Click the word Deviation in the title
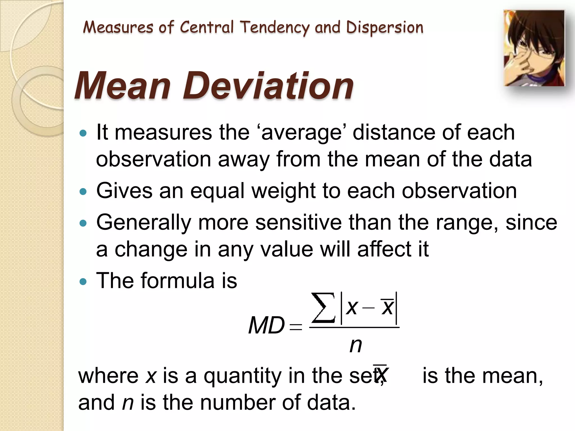[x=269, y=86]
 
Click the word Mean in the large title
[x=123, y=86]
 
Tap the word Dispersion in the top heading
[x=384, y=28]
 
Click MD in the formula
[x=266, y=325]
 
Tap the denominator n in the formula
[x=355, y=345]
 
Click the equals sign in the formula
[x=296, y=327]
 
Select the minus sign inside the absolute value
[x=369, y=308]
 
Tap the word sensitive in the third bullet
[x=298, y=223]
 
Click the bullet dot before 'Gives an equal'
[x=83, y=192]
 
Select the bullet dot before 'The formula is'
[x=83, y=281]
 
